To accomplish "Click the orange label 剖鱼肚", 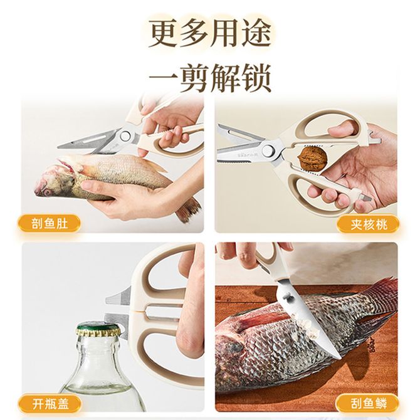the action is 50,224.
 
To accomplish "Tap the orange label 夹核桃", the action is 369,224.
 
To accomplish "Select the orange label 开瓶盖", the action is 50,404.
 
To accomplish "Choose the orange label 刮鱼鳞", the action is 368,404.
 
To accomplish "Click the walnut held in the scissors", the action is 313,158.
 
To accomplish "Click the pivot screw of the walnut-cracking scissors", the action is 269,150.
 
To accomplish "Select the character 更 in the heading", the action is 165,33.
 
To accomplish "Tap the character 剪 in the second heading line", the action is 195,78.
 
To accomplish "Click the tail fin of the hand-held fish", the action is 188,209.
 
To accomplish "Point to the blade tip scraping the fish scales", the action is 339,357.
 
